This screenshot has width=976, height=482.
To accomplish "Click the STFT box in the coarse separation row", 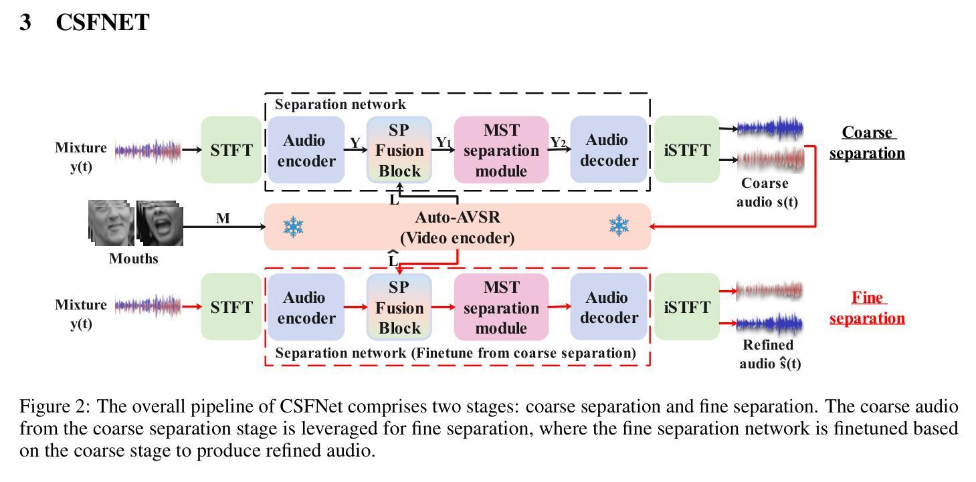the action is (x=231, y=150).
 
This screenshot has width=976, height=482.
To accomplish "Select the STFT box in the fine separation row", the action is (x=231, y=307).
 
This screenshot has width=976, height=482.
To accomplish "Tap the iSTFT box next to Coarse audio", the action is (x=687, y=150).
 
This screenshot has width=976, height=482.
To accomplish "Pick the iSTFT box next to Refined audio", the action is (x=687, y=307).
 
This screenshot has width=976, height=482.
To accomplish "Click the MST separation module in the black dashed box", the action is (x=501, y=150).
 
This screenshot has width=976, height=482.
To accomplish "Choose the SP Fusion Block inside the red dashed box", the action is (x=399, y=307).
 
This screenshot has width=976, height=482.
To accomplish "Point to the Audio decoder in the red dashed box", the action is (x=609, y=307).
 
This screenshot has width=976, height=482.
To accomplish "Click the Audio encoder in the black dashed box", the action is (x=306, y=150).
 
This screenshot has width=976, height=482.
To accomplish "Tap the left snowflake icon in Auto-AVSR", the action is (x=293, y=227).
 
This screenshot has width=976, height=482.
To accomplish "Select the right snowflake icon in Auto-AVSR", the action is (x=619, y=226).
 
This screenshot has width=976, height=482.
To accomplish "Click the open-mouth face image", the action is (x=159, y=223).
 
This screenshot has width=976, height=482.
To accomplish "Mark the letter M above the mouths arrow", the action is (x=223, y=218).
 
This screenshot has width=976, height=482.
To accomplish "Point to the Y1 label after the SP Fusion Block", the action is (x=444, y=142).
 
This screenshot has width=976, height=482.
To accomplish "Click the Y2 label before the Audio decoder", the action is (x=558, y=142).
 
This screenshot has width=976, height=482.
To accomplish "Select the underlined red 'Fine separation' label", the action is (x=867, y=308).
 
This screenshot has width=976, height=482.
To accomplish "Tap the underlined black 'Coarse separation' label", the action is (x=867, y=142).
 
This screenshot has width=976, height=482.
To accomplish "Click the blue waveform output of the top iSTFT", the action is (x=770, y=128).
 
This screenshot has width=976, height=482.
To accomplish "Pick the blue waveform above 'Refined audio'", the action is (x=769, y=324).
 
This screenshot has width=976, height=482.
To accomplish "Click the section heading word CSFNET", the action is (x=103, y=22).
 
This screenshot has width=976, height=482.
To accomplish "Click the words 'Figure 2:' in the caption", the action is (x=54, y=406).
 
